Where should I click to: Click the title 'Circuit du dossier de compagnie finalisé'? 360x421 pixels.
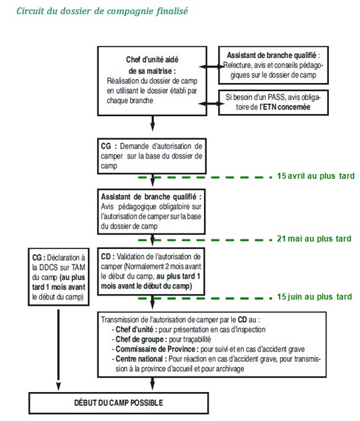point(102,11)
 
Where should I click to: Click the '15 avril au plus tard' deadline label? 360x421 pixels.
point(315,176)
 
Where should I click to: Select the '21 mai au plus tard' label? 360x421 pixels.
point(314,238)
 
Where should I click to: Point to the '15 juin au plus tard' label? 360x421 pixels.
point(314,296)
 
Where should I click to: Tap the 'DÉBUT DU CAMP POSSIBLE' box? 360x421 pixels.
point(119,403)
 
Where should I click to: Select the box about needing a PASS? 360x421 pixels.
point(274,103)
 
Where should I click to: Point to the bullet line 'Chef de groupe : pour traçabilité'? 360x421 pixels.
point(161,339)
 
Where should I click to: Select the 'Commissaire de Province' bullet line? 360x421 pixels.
point(208,349)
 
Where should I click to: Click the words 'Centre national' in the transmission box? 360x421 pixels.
point(139,359)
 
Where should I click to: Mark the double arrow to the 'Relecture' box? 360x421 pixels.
point(212,67)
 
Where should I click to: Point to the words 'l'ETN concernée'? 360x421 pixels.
point(285,107)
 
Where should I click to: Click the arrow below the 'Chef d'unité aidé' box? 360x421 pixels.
point(153,123)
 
